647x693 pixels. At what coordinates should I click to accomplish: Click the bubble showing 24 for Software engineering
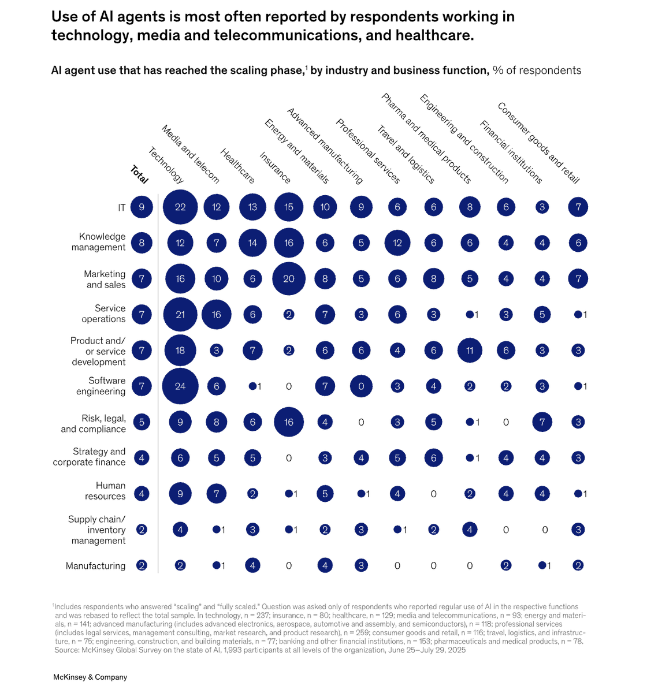tap(180, 386)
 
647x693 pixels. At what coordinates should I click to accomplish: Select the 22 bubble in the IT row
tap(180, 207)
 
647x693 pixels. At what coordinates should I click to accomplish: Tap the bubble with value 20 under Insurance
tap(289, 279)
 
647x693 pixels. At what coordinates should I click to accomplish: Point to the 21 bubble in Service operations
tap(180, 315)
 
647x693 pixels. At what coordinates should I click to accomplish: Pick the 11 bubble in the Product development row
tap(470, 351)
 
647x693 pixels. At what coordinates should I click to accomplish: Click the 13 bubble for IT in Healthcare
tap(252, 207)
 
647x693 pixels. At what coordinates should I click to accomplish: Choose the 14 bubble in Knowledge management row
tap(252, 243)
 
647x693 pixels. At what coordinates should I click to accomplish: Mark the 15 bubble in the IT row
tap(289, 207)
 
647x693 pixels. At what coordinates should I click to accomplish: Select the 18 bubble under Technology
tap(180, 351)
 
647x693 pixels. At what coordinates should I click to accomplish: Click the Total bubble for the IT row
tap(142, 207)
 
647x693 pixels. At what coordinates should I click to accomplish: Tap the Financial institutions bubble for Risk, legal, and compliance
tap(542, 422)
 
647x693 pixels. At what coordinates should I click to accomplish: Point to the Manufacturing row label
tap(95, 566)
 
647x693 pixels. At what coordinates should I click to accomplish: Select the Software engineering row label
tap(101, 386)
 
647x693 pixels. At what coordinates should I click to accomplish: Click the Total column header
tap(139, 174)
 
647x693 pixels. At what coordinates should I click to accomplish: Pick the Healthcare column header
tap(237, 166)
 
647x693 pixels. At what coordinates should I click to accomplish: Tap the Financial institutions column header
tap(511, 152)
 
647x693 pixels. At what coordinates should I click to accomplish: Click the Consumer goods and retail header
tap(538, 143)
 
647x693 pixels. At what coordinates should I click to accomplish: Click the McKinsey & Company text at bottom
tap(90, 677)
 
